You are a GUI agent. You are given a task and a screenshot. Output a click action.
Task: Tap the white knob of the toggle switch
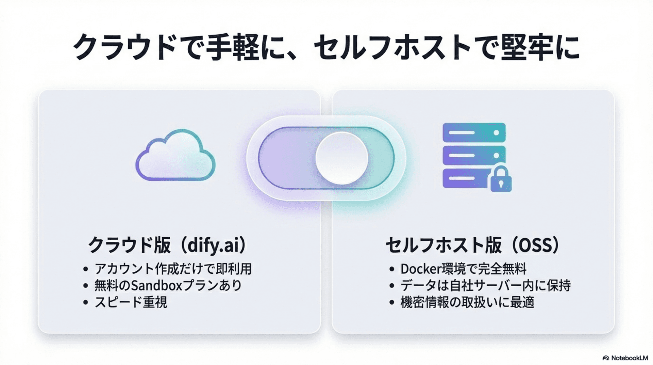coord(341,158)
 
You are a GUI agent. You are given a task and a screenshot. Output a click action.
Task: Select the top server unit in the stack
coord(474,132)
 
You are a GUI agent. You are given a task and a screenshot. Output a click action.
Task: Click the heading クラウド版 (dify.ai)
coord(167,245)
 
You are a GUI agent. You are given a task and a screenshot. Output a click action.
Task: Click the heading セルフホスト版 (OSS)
coord(473,245)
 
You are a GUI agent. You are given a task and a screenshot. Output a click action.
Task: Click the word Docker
coord(421,269)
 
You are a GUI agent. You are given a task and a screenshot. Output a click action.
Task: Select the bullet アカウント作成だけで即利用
coord(173,269)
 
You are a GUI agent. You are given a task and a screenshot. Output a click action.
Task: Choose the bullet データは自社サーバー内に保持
coord(485,285)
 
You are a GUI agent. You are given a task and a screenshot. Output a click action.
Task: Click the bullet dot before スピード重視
coord(86,302)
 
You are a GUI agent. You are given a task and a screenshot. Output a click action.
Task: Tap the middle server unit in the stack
coord(474,156)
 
